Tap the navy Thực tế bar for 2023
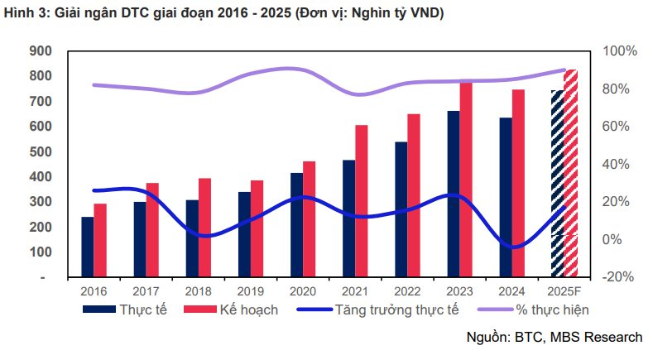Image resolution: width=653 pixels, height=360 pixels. click(x=453, y=194)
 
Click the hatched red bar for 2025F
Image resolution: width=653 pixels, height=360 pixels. click(x=570, y=173)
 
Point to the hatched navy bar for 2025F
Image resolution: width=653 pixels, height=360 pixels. click(x=557, y=183)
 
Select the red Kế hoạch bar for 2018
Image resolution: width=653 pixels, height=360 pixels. click(x=204, y=228)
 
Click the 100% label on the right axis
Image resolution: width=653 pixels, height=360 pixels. click(x=620, y=51)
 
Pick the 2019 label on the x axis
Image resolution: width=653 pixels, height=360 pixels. click(x=251, y=291)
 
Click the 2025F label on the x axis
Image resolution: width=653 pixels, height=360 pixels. click(x=564, y=291)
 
